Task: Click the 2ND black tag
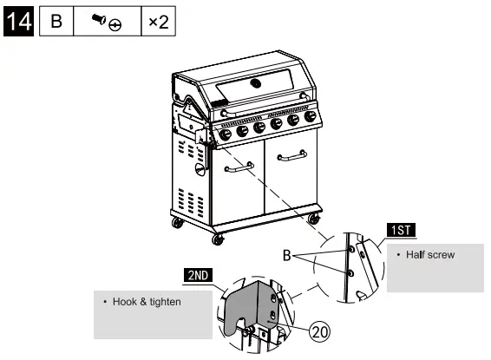198,275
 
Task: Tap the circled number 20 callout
319,331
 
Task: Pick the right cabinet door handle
291,156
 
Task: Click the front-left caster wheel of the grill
218,238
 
